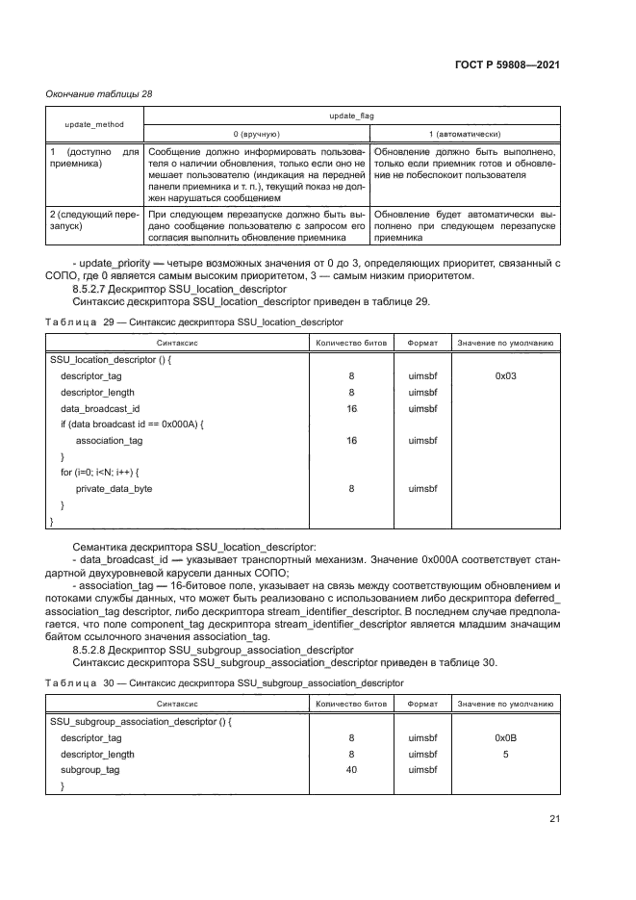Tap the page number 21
[554, 819]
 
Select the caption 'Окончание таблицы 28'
[99, 93]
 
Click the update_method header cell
[94, 125]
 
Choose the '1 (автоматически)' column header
[464, 134]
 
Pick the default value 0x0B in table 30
[506, 738]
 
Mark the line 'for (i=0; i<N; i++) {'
[100, 473]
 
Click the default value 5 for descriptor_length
[506, 755]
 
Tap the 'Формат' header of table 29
[423, 342]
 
